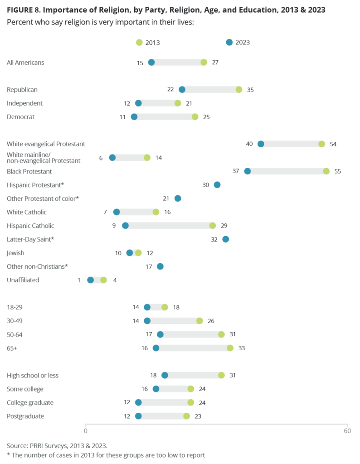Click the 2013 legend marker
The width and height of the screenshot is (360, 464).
click(x=139, y=43)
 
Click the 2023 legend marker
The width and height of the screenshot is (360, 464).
click(x=229, y=42)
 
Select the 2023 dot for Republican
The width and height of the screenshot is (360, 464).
click(x=182, y=90)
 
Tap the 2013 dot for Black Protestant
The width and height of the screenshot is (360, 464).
click(x=326, y=171)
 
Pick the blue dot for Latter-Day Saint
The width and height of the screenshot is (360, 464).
click(x=225, y=239)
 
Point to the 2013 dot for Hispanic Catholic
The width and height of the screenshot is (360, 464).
click(x=212, y=226)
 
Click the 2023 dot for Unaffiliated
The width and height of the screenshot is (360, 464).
click(x=90, y=280)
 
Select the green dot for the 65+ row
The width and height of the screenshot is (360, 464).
click(x=230, y=348)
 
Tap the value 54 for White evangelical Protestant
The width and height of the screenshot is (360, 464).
click(x=333, y=144)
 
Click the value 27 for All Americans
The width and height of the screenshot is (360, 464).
click(x=215, y=63)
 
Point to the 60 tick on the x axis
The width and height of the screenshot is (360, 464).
click(x=347, y=431)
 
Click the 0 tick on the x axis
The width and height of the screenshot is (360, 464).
click(x=86, y=431)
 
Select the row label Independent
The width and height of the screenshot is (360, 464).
click(x=24, y=103)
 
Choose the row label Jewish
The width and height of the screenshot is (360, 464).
click(x=15, y=253)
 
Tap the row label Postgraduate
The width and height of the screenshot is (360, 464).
click(x=25, y=416)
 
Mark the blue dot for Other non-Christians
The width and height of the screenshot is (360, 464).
click(x=160, y=266)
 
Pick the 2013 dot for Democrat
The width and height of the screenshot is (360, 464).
click(x=195, y=117)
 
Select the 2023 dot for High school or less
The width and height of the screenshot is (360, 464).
click(x=165, y=375)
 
